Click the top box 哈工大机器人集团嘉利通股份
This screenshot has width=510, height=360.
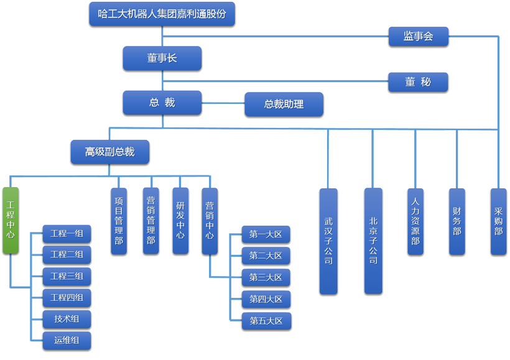point(162,14)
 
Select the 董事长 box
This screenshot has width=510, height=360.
point(162,58)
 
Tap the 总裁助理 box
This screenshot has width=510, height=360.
point(284,104)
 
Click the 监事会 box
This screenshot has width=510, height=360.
point(418,37)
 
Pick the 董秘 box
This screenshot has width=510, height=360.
point(418,81)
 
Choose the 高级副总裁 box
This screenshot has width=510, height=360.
point(110,152)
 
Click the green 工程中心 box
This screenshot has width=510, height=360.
point(11,219)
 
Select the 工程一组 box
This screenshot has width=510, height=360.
point(67,234)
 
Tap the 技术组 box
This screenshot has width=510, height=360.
point(67,320)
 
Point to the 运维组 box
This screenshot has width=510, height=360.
point(67,341)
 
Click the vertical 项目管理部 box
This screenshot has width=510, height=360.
point(119,221)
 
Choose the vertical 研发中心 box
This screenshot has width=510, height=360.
point(180,221)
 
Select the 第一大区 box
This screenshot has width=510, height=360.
point(266,234)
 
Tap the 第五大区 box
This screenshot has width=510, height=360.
point(266,321)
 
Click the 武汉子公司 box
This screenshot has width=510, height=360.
point(328,241)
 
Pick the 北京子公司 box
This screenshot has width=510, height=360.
point(373,241)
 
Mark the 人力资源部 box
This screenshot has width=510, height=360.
point(415,221)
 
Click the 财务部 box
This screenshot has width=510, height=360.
point(457,221)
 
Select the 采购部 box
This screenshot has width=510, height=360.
point(498,221)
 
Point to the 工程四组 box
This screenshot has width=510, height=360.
point(67,298)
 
